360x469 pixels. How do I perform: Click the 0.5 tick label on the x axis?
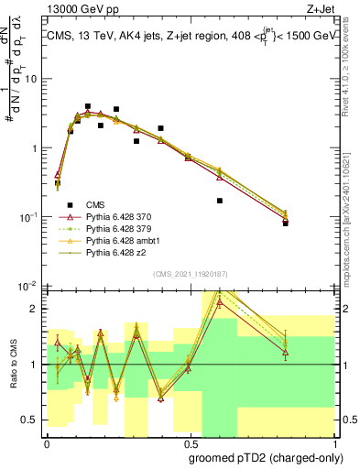(x=189, y=442)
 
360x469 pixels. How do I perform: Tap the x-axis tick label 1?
(x=332, y=442)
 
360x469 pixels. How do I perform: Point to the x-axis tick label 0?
(x=47, y=442)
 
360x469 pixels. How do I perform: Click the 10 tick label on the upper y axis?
(x=31, y=78)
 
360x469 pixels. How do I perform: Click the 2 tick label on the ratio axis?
(x=36, y=309)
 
